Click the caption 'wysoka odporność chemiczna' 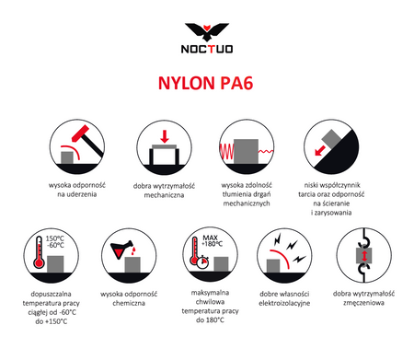click(125, 300)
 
